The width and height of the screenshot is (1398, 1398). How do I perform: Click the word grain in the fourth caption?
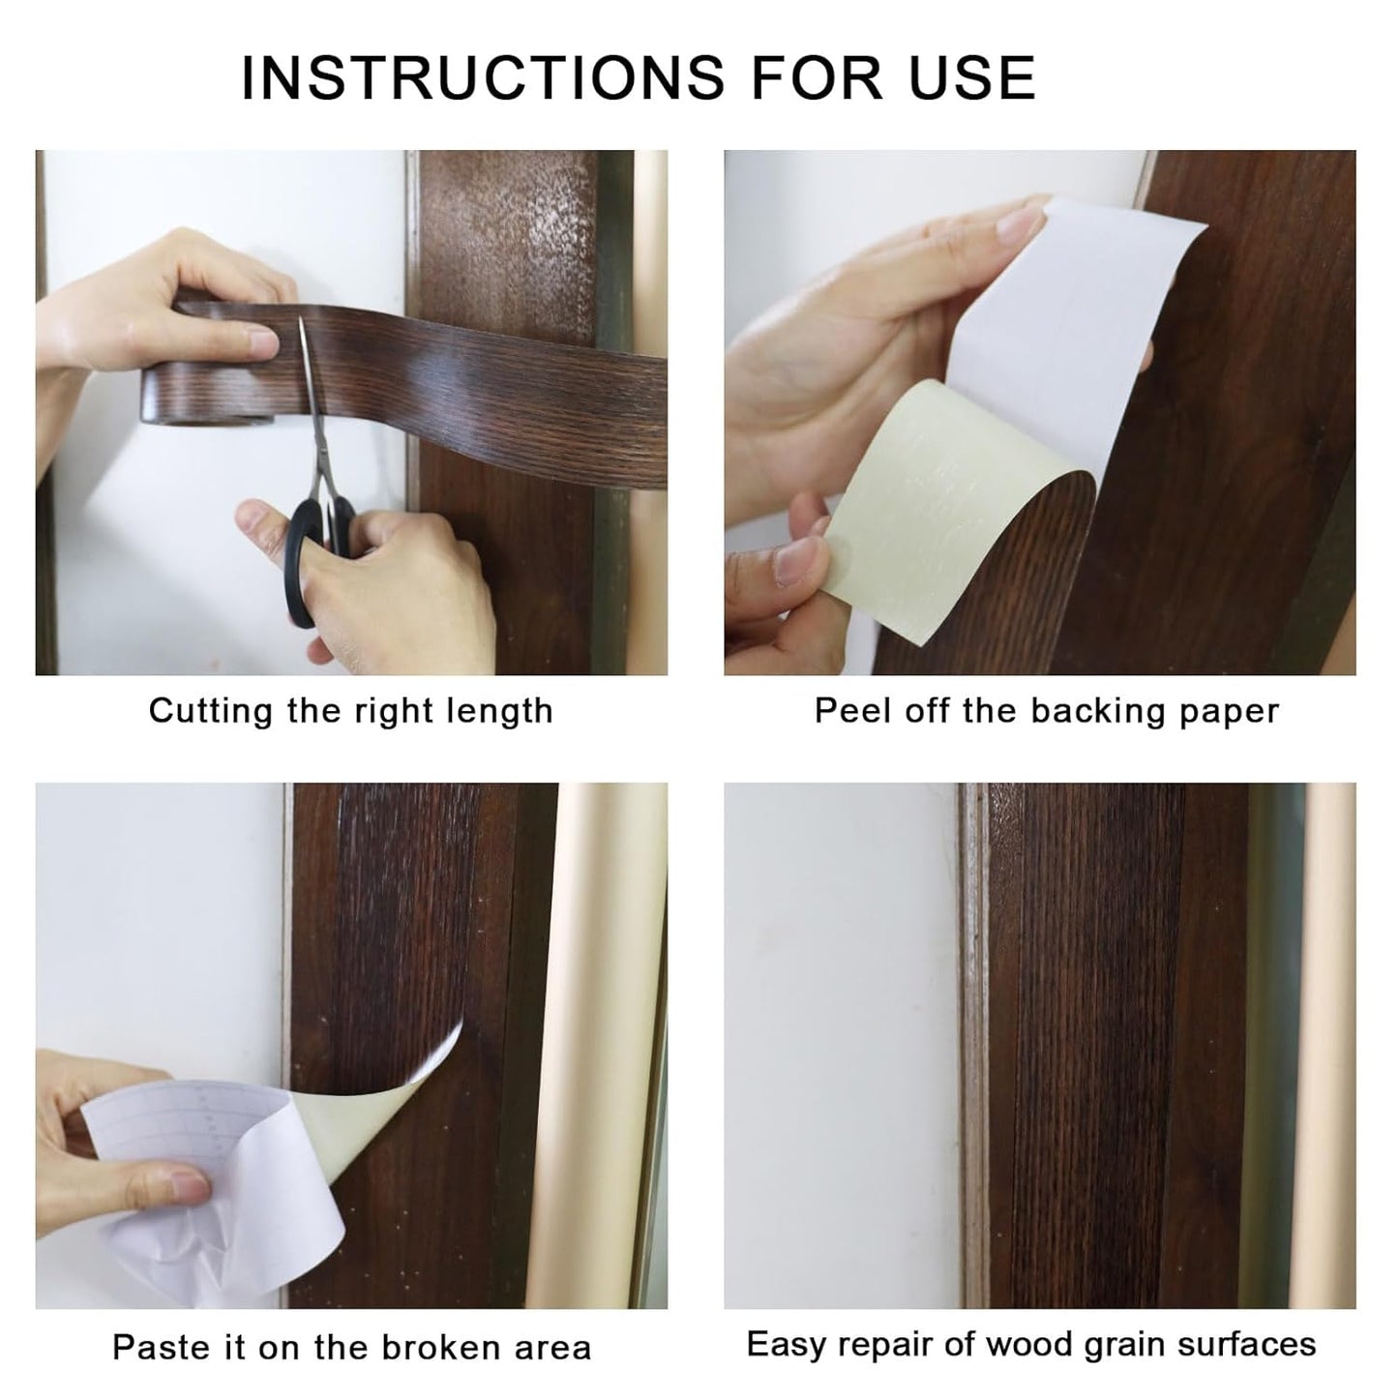pyautogui.click(x=1121, y=1344)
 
